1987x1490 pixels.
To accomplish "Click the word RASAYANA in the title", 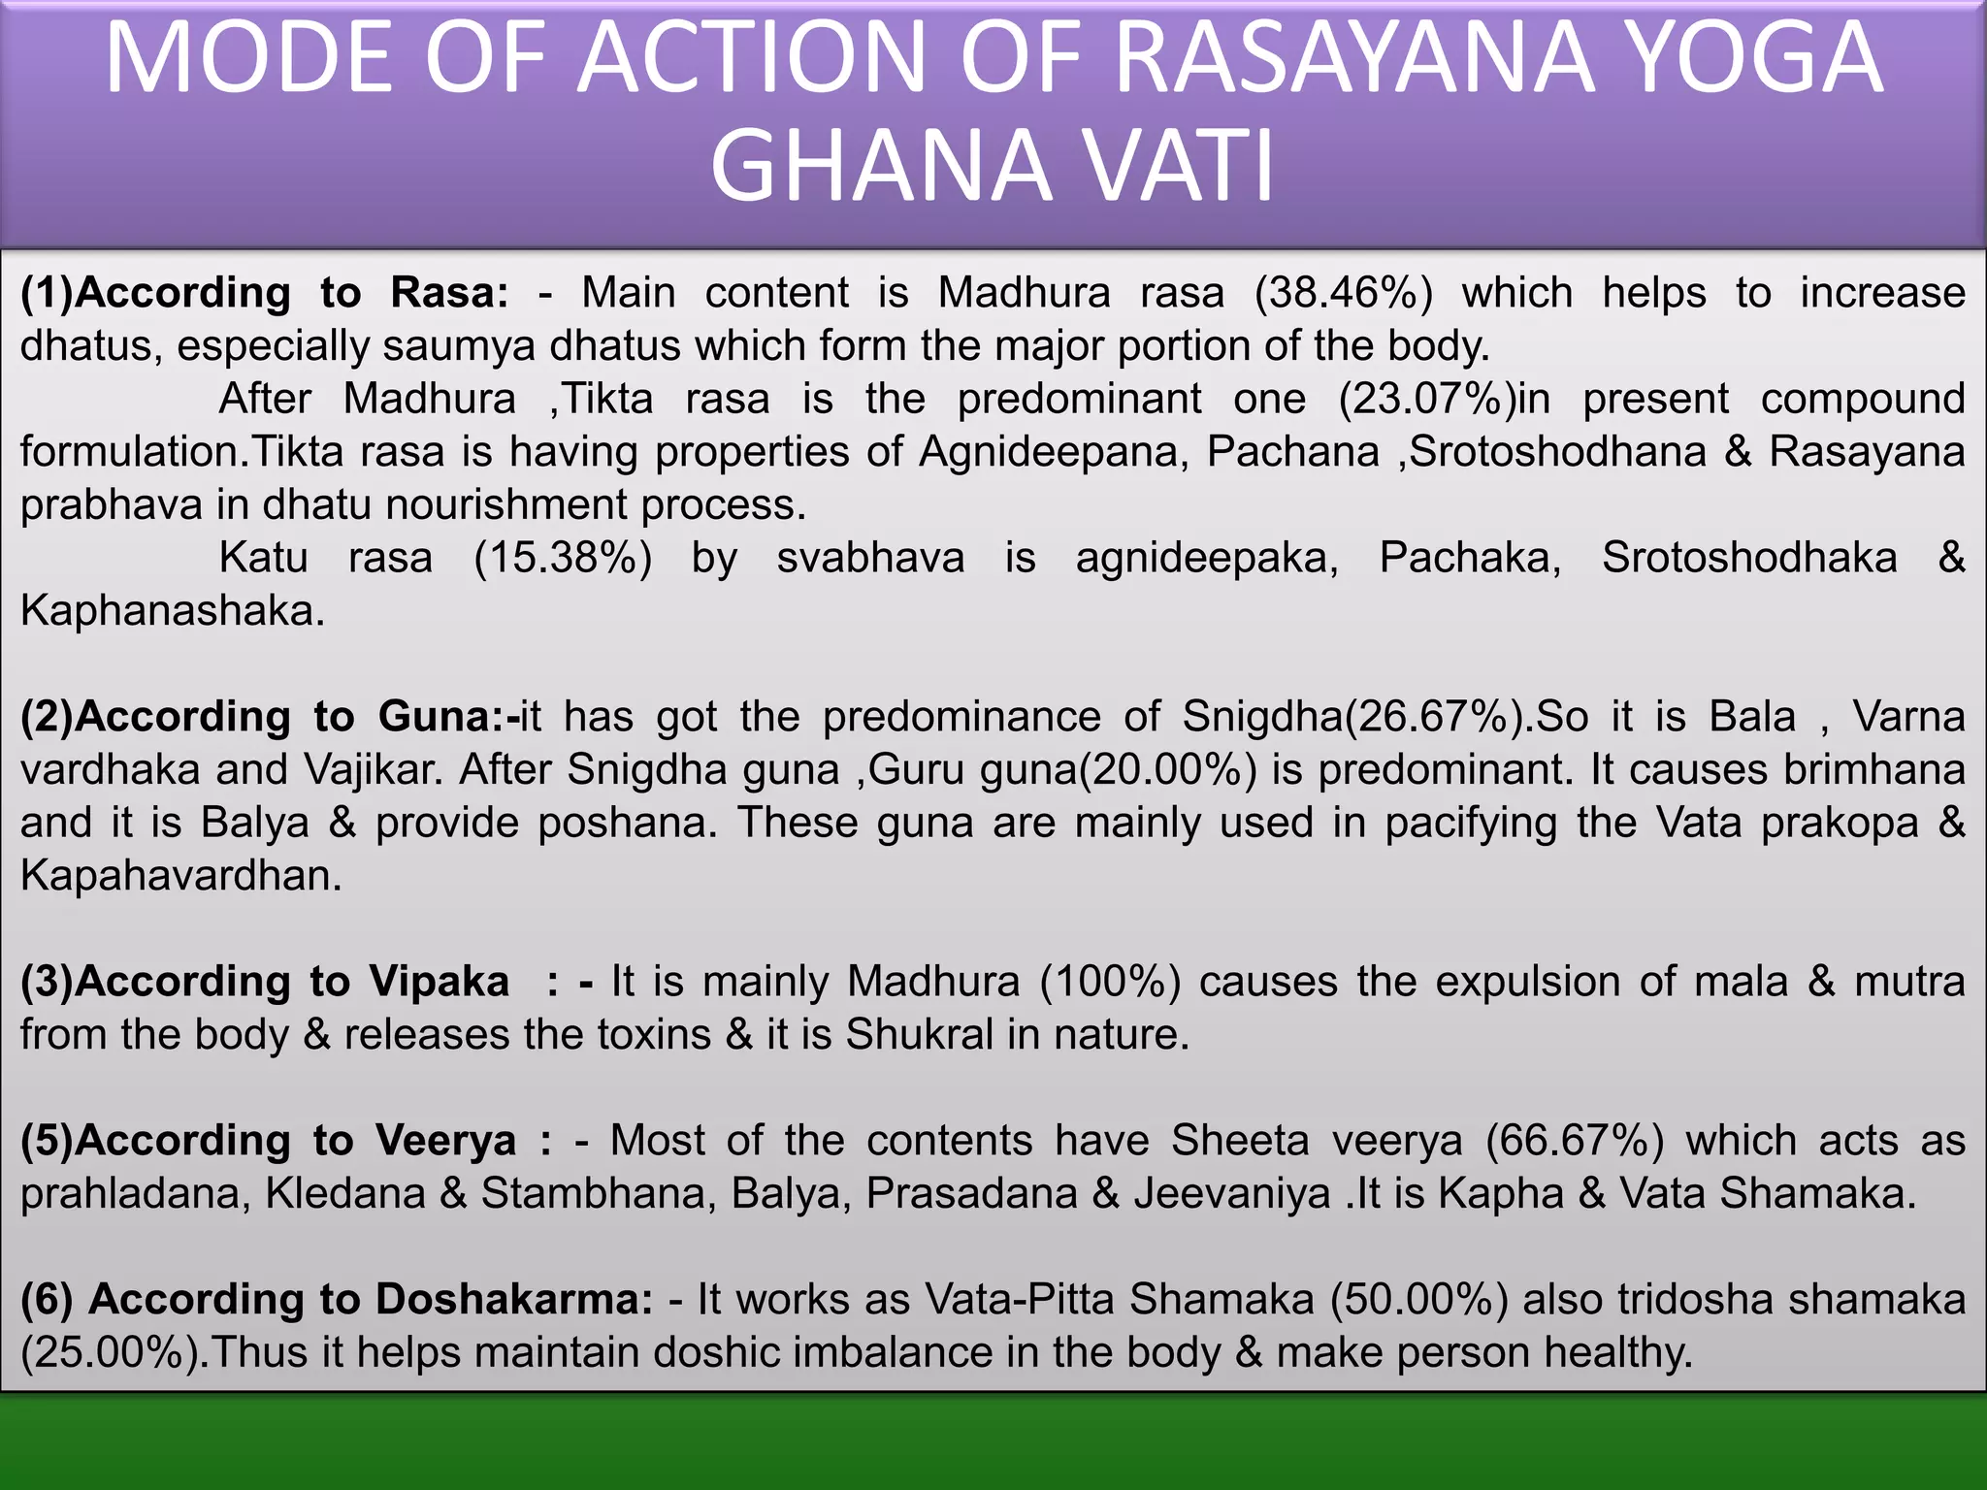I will coord(1353,60).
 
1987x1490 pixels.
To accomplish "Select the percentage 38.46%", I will coord(1344,293).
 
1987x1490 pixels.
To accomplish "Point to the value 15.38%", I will coord(563,558).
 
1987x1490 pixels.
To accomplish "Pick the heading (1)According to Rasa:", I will coord(264,293).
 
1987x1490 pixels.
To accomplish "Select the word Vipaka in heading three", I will coord(439,982).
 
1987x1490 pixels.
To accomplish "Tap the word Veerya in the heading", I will coord(445,1141).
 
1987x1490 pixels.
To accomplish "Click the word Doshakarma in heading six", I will coord(514,1300).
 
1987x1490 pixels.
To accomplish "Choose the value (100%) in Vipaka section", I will coord(1110,982).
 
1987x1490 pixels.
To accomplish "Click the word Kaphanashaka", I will coord(172,611).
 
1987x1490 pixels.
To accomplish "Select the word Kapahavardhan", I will coord(180,876).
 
